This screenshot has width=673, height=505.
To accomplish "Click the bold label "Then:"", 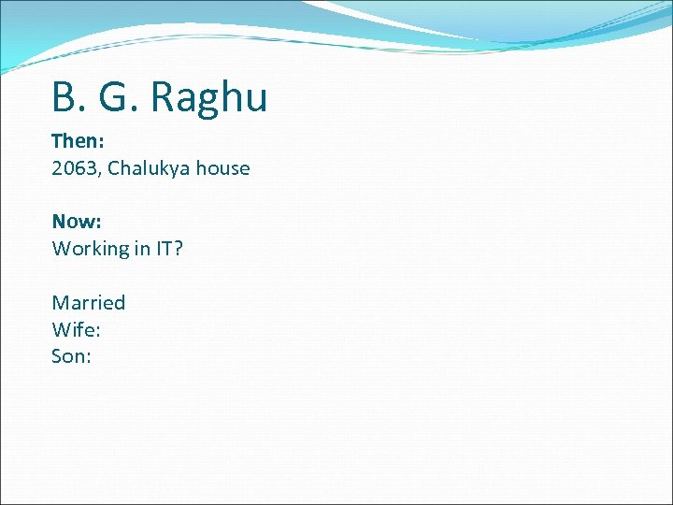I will click(77, 141).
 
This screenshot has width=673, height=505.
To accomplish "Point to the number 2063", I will click(74, 168).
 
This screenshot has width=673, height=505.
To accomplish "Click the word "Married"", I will click(89, 303).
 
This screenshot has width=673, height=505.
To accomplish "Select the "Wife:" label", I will click(77, 329).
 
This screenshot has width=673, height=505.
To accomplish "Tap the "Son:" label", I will click(72, 356).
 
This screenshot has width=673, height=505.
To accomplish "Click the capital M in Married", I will click(61, 303).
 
